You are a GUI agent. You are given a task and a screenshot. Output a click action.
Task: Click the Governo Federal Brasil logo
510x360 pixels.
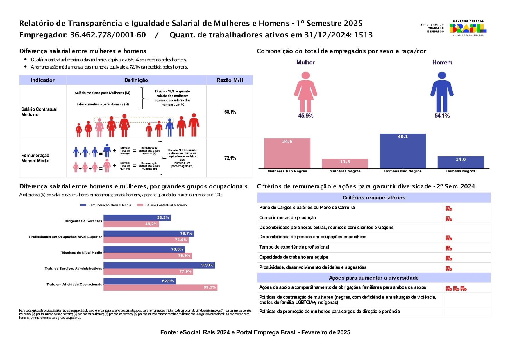(468, 28)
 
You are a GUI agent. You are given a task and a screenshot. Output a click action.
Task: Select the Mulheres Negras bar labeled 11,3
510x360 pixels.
(345, 163)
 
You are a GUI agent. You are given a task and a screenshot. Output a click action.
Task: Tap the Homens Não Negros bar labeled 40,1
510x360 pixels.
(403, 151)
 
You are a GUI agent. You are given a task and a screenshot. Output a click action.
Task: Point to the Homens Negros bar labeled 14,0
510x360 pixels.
(461, 162)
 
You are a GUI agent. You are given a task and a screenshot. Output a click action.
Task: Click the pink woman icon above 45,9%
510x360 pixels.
(305, 92)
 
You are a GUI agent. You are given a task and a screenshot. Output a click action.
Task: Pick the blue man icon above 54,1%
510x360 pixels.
(442, 92)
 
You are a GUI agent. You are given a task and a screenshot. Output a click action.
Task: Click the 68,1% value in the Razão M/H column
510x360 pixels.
(230, 112)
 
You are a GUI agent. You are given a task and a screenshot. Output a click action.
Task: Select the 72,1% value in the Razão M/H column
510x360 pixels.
(230, 158)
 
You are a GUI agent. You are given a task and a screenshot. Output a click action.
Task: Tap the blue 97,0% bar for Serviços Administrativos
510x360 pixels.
(159, 265)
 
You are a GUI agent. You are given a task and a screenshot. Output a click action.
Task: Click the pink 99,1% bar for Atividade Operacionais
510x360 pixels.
(160, 287)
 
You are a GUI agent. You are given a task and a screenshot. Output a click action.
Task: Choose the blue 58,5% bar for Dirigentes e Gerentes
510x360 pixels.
(137, 218)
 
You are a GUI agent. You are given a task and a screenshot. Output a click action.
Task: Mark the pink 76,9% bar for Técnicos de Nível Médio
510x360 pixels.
(148, 256)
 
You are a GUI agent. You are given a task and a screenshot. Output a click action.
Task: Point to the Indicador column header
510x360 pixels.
(43, 80)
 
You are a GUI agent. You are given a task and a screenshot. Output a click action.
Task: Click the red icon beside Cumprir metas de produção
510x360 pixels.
(449, 219)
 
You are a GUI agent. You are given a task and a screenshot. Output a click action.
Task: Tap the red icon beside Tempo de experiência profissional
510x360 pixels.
(449, 248)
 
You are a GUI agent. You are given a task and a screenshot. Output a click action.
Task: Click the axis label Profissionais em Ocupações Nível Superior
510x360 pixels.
(66, 237)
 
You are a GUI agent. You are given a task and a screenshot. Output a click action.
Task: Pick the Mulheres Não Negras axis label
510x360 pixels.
(287, 171)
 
